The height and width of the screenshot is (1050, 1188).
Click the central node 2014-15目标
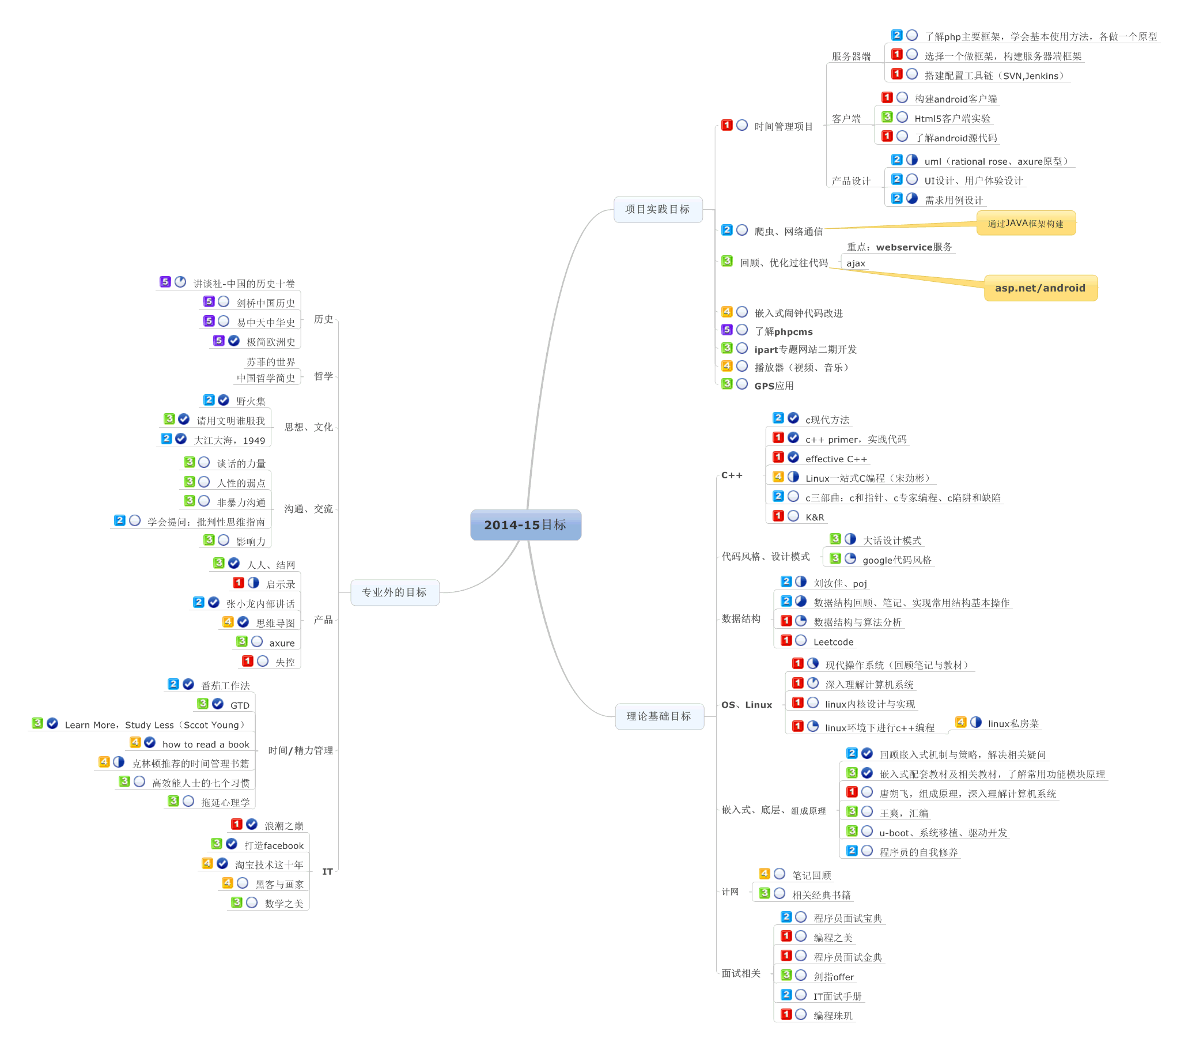525,524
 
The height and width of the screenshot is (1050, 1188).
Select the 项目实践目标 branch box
657,209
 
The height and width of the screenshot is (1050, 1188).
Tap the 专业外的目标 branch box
394,592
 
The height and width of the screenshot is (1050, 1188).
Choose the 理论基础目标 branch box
659,716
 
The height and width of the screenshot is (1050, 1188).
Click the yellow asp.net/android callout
1040,288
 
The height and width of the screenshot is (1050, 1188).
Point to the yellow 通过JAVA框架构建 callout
1026,223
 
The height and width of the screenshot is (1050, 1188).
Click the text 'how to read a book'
206,744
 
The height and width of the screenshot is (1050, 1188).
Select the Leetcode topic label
833,642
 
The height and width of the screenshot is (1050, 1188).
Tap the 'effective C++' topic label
836,459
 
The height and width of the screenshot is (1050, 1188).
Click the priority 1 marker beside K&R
778,516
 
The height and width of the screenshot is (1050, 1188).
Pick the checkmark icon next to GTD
218,704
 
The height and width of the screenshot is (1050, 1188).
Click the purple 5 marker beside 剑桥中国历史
209,301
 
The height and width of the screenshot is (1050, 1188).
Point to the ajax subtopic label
856,263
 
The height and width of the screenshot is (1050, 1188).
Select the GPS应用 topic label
774,386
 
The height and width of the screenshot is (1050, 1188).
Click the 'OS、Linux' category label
746,705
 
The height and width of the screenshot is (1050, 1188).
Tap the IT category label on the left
327,871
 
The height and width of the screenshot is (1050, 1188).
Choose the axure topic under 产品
282,643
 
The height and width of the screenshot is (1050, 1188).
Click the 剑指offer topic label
834,977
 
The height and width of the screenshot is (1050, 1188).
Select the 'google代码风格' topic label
897,560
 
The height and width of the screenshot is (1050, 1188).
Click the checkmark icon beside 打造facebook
232,844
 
